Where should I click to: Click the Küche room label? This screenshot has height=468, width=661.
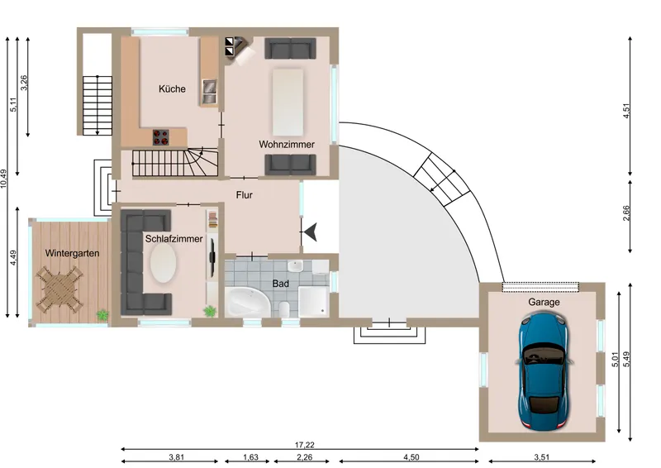(172, 88)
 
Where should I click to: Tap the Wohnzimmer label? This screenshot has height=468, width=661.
(287, 145)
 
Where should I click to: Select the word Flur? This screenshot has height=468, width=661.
(245, 195)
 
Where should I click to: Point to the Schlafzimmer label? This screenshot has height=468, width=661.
(174, 239)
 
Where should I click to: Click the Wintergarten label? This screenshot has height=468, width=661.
(72, 253)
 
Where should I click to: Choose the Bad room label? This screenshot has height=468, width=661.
(280, 284)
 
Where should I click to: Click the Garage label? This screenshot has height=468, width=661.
(544, 302)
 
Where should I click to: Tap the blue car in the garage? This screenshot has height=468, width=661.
(544, 371)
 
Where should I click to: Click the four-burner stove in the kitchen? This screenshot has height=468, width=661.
(160, 137)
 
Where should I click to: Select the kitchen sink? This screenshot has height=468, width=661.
(209, 92)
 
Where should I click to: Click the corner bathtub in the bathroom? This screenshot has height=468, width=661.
(247, 302)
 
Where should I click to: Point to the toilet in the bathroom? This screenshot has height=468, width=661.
(283, 309)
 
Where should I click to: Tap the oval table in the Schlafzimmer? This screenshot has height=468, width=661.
(163, 263)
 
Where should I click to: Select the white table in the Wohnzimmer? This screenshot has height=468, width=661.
(288, 103)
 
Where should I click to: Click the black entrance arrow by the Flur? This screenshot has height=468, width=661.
(311, 232)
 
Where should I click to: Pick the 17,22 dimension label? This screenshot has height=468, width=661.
(304, 445)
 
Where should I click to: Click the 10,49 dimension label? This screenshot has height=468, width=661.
(4, 179)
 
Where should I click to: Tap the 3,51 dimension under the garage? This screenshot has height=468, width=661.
(542, 457)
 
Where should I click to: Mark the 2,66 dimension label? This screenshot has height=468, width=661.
(626, 213)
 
